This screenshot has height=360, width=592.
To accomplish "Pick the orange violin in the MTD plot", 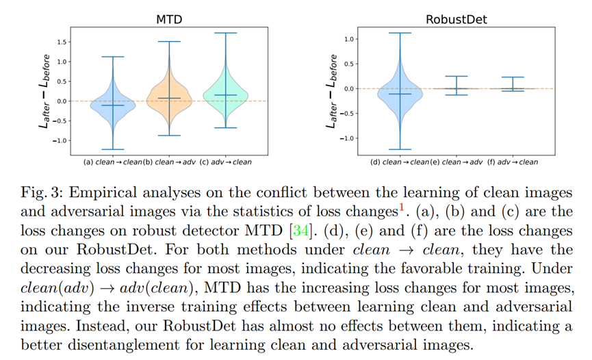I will click(170, 96).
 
